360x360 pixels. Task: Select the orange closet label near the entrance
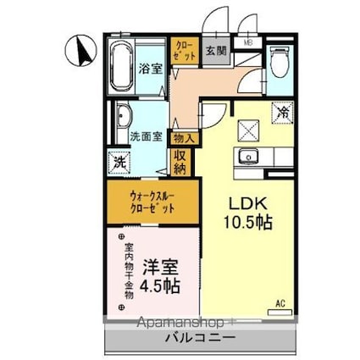coord(183,49)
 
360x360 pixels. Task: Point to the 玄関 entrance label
coord(216,50)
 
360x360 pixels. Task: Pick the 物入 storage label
coord(183,137)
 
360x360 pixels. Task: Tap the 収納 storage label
coord(181,160)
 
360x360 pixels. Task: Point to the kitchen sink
coord(250,155)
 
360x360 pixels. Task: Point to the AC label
coord(280,303)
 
